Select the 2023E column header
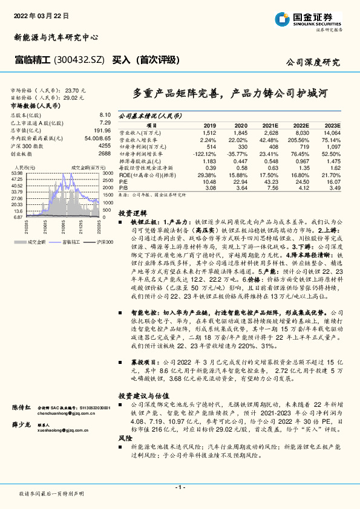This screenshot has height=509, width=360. tap(333, 125)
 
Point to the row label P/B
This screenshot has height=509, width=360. tap(123, 187)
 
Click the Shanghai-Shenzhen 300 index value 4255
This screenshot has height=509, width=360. tap(104, 146)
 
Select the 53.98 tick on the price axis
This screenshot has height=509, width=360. tap(17, 173)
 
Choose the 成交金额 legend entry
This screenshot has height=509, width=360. tap(34, 241)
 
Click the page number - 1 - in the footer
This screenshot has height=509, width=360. tap(180, 487)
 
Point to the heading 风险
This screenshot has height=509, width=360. tap(125, 437)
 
